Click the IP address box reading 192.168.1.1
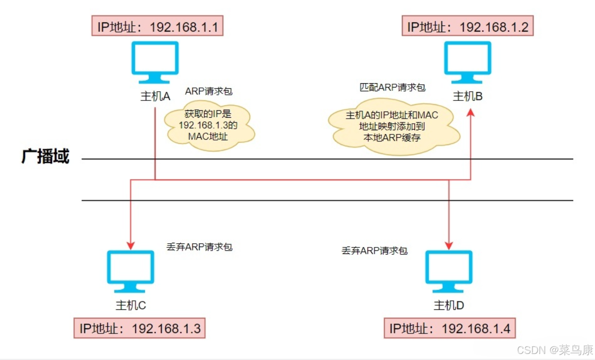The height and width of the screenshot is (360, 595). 158,27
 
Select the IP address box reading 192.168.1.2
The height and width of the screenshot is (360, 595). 467,27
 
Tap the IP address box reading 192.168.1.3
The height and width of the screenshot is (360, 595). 140,328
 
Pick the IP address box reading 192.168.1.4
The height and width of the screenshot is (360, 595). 450,328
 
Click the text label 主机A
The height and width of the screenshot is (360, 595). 155,96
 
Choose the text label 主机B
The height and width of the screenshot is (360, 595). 468,96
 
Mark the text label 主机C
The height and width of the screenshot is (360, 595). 131,305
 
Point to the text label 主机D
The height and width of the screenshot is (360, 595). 449,306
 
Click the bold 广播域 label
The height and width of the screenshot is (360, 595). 45,157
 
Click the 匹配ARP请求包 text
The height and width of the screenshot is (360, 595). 393,87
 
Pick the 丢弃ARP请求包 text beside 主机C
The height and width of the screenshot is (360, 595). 199,247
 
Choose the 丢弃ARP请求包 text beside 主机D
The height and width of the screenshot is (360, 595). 374,250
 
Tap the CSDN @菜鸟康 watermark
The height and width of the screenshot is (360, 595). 555,350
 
